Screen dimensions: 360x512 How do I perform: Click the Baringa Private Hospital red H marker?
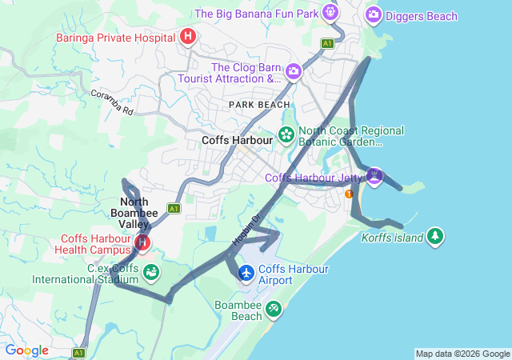[x=188, y=36]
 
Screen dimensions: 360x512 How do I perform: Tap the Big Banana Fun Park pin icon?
[x=330, y=12]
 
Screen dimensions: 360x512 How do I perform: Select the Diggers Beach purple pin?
[x=374, y=14]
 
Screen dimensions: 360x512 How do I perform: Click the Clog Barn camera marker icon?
[x=294, y=71]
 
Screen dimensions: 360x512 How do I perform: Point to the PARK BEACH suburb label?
[x=259, y=105]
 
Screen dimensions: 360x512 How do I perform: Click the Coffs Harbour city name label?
[x=238, y=139]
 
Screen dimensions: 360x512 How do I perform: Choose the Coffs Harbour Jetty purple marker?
[x=374, y=174]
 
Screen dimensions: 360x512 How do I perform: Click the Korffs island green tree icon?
[x=434, y=236]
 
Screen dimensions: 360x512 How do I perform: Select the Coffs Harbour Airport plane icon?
[x=246, y=274]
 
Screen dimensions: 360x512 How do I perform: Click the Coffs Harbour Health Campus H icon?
[x=142, y=242]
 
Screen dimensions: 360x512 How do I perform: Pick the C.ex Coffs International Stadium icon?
[x=150, y=273]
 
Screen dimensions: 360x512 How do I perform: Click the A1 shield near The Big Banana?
[x=328, y=43]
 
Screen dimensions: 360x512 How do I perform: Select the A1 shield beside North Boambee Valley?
[x=173, y=208]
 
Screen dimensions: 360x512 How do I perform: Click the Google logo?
[x=27, y=350]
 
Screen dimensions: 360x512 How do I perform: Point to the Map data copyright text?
[x=462, y=354]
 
